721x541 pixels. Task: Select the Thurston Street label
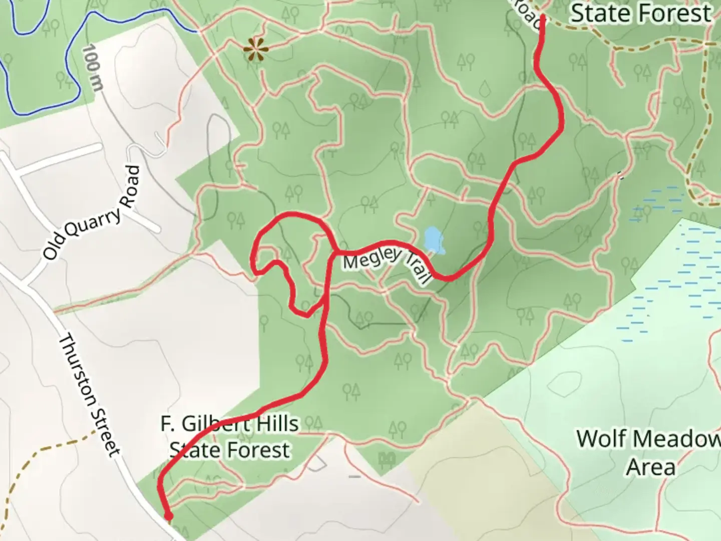[x=90, y=396]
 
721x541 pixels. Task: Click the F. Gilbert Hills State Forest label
[x=230, y=437]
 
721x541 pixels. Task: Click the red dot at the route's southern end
[x=169, y=516]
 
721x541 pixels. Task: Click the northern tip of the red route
[x=542, y=18]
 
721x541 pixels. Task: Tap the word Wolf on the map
[x=601, y=439]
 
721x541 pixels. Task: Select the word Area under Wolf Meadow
[x=650, y=467]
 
